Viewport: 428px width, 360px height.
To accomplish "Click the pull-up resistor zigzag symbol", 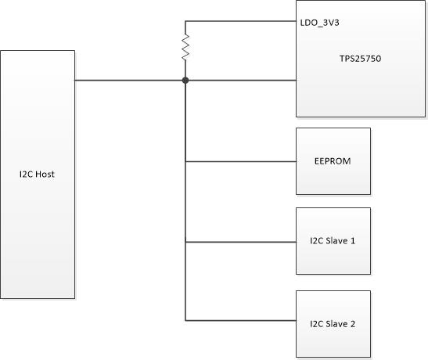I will (185, 49).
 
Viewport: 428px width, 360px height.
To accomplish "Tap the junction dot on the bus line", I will (185, 80).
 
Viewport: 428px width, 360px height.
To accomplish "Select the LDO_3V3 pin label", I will (318, 23).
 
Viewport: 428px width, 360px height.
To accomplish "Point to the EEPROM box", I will (333, 161).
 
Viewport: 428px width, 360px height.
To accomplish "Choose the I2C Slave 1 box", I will (333, 241).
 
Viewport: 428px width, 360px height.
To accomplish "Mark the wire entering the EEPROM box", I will (240, 162).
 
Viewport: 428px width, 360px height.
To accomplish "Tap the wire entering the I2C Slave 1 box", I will (240, 241).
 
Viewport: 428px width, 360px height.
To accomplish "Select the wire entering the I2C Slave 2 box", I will (240, 320).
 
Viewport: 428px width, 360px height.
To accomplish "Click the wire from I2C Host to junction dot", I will (129, 80).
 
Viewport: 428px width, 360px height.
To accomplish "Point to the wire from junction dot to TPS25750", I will (241, 80).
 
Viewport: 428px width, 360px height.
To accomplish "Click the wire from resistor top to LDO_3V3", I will (240, 21).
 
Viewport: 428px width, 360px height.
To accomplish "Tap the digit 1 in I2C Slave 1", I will (354, 241).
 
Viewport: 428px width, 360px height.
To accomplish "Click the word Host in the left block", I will (45, 174).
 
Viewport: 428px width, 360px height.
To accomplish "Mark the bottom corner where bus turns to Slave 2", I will (185, 320).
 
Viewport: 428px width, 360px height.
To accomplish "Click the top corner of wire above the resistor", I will (185, 21).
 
